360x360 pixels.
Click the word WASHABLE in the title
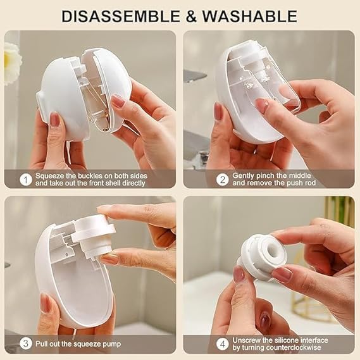[247, 15]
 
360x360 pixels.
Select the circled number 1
[25, 179]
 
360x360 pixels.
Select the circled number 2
[221, 179]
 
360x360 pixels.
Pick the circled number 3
[25, 344]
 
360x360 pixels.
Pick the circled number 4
[221, 344]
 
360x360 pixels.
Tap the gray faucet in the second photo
[194, 76]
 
